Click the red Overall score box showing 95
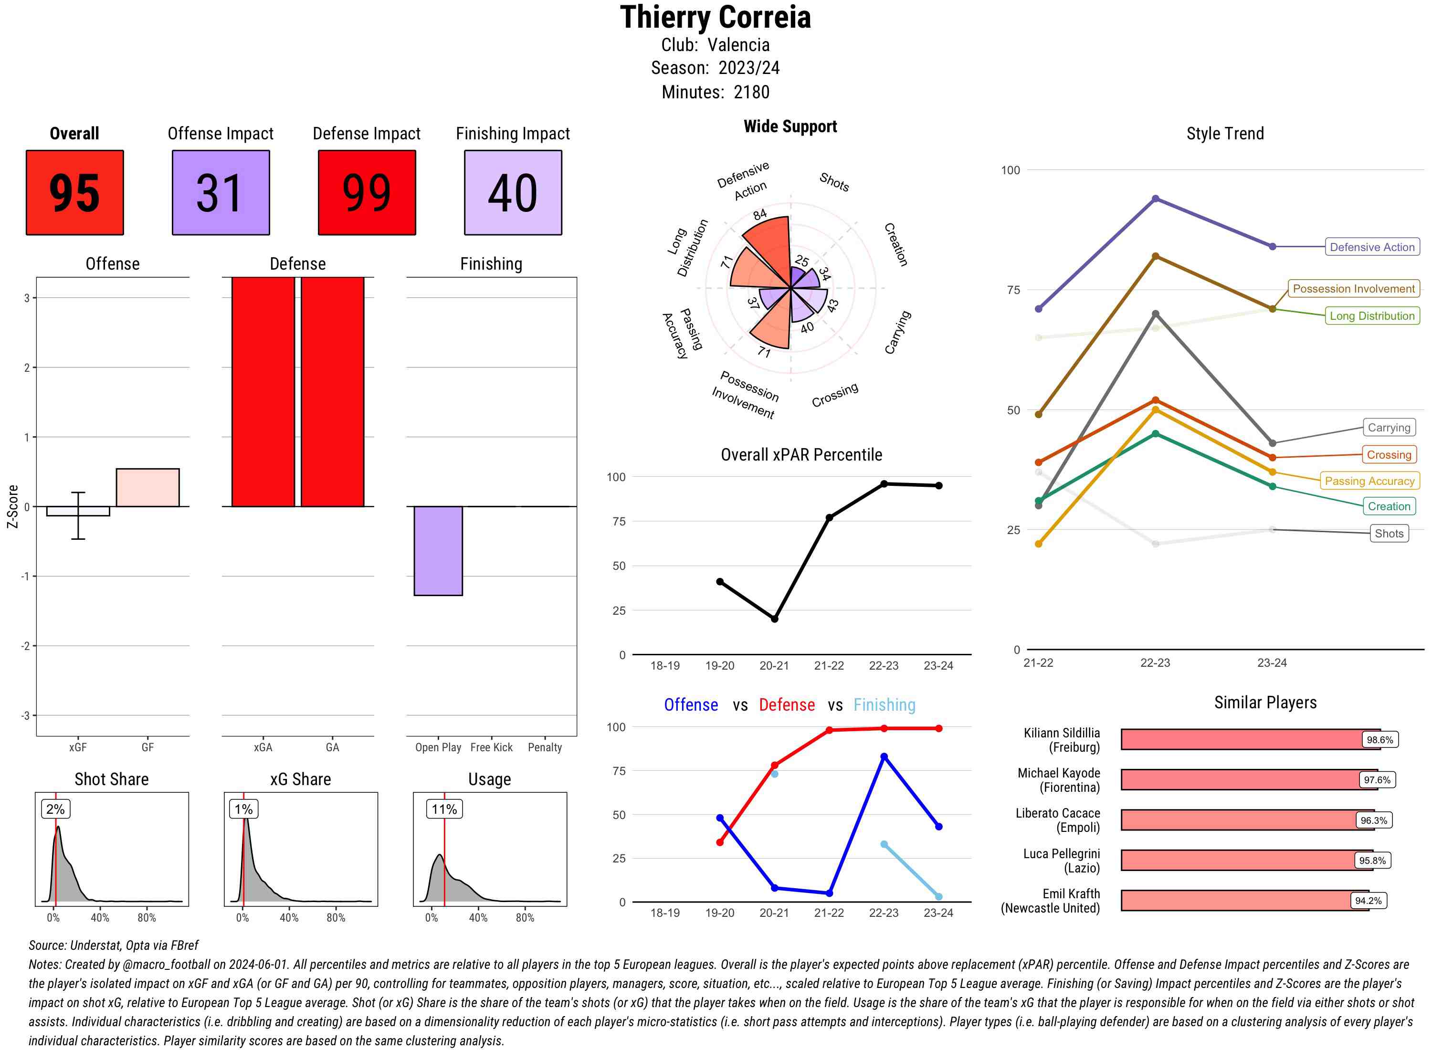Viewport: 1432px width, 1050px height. tap(74, 193)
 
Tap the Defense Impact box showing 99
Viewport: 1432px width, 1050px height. tap(367, 193)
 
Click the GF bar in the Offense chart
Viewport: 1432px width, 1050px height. tap(147, 487)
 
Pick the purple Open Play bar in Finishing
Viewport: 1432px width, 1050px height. tap(438, 550)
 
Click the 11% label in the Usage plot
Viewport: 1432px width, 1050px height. tap(444, 809)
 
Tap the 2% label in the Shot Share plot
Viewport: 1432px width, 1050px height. tap(55, 809)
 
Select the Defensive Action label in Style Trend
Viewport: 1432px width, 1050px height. tap(1372, 247)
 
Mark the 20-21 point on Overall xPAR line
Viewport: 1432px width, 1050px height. tap(774, 619)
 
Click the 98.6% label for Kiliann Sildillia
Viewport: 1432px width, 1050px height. tap(1380, 740)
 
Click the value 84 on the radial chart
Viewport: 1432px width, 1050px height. tap(759, 215)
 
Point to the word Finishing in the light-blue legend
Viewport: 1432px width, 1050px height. tap(884, 705)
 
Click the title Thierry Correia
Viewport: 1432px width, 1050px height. tap(716, 17)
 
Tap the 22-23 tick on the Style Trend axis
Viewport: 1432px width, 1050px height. tap(1155, 663)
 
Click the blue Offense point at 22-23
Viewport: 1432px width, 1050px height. tap(884, 757)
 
